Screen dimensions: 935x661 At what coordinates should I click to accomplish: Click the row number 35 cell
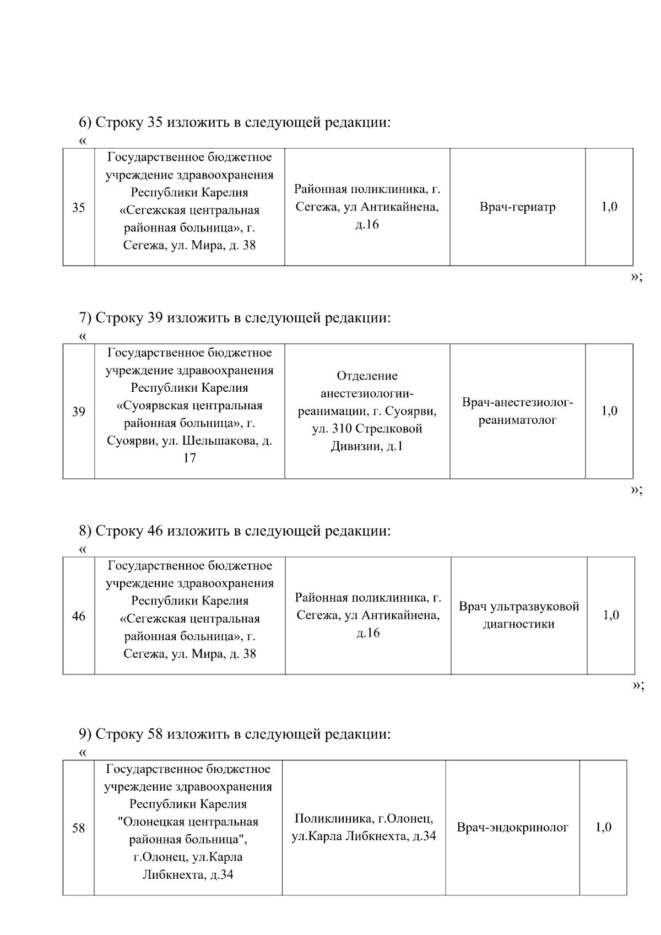pyautogui.click(x=79, y=208)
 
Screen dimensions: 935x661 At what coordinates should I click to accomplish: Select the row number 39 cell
pyautogui.click(x=79, y=412)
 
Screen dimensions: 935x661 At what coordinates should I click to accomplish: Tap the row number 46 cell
pyautogui.click(x=79, y=616)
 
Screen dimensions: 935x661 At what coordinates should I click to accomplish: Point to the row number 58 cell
pyautogui.click(x=79, y=828)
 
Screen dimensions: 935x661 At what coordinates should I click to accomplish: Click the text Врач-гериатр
pyautogui.click(x=517, y=208)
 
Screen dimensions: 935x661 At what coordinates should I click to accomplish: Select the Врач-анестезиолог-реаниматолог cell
pyautogui.click(x=517, y=412)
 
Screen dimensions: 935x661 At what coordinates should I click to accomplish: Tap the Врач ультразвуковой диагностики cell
pyautogui.click(x=518, y=615)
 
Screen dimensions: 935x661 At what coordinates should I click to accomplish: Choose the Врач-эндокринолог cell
pyautogui.click(x=512, y=828)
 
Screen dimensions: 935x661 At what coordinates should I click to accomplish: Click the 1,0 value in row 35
pyautogui.click(x=609, y=207)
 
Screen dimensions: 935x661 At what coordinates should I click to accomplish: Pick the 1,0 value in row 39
pyautogui.click(x=609, y=411)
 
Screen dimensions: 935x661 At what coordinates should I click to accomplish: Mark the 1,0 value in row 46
pyautogui.click(x=610, y=615)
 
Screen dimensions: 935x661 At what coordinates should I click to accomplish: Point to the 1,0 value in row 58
pyautogui.click(x=603, y=828)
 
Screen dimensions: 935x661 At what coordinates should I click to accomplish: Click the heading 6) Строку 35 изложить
pyautogui.click(x=235, y=122)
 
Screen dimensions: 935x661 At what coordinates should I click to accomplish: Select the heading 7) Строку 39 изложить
pyautogui.click(x=235, y=318)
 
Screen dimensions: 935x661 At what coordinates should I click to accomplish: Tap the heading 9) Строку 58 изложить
pyautogui.click(x=235, y=734)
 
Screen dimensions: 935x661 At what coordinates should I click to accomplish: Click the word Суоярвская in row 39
pyautogui.click(x=155, y=406)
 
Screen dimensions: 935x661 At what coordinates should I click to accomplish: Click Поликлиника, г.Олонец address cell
pyautogui.click(x=364, y=828)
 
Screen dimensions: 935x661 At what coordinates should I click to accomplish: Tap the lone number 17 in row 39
pyautogui.click(x=189, y=458)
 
